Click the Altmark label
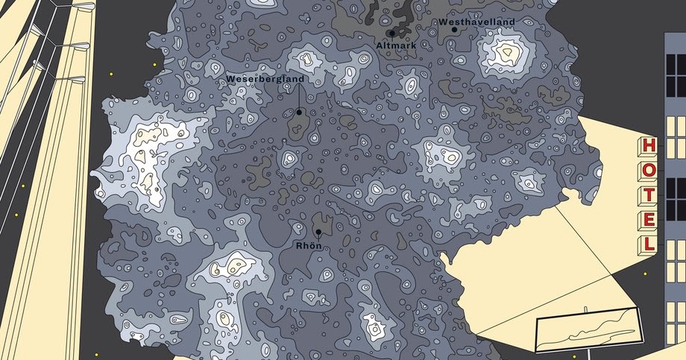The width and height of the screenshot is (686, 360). pos(391,45)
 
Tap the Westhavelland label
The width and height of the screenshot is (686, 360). pos(476,22)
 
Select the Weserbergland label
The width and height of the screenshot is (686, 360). pos(264,78)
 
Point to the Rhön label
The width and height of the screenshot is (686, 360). pos(308,244)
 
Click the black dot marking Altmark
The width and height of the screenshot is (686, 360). pos(391,34)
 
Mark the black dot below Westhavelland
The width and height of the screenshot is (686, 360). pos(454,31)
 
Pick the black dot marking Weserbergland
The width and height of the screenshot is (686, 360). pos(299,113)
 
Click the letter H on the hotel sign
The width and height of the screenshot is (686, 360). pos(649,146)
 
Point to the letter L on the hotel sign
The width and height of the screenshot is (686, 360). pos(649,244)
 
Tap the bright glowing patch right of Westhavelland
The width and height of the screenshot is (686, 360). pos(507,52)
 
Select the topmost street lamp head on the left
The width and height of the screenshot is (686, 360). pos(78,6)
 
